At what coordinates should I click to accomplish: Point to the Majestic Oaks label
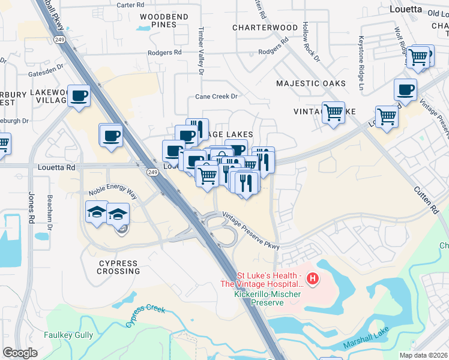coord(311,83)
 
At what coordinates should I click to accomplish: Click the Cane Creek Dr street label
coord(217,97)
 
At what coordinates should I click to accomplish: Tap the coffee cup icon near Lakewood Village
coord(79,96)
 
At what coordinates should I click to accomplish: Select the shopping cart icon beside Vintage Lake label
coord(333,112)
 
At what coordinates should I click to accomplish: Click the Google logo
coord(20,353)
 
